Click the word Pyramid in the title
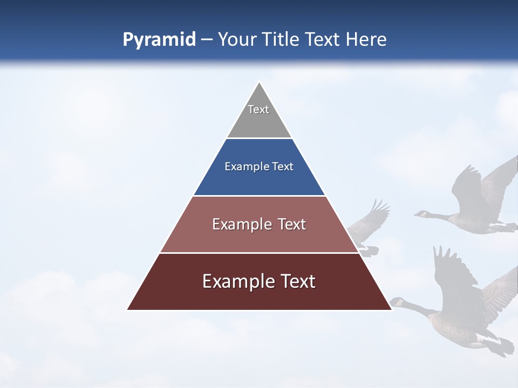pos(159,40)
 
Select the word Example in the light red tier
pos(236,224)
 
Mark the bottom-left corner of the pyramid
pos(128,309)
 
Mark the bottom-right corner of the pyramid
pos(391,309)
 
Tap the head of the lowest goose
pos(397,302)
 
